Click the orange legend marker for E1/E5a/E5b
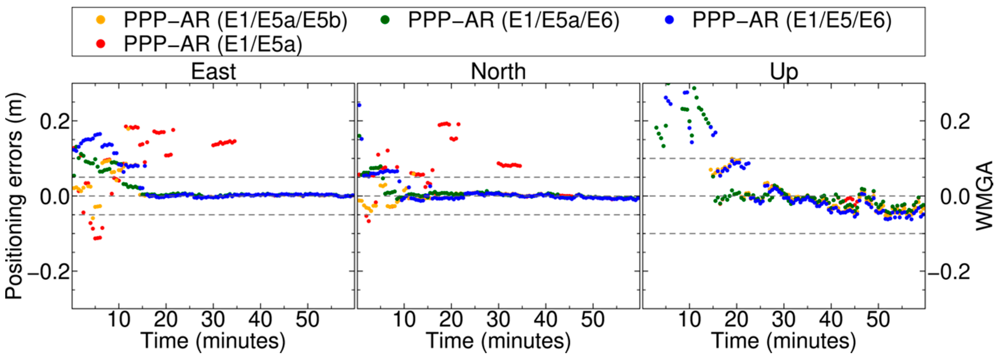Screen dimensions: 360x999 [x=101, y=20]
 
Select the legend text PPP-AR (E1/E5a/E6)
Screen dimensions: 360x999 [x=514, y=20]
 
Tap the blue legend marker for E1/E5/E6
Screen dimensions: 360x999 [x=668, y=20]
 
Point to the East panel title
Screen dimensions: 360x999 [x=213, y=72]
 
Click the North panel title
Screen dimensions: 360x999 [x=498, y=72]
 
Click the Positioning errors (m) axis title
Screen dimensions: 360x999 [x=14, y=196]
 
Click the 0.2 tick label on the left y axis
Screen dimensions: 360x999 [x=55, y=122]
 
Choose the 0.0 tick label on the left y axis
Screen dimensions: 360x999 [x=55, y=197]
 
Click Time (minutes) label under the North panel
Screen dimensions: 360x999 [x=498, y=341]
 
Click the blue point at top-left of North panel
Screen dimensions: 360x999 [x=359, y=105]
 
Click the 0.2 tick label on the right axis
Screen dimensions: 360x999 [x=955, y=122]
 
